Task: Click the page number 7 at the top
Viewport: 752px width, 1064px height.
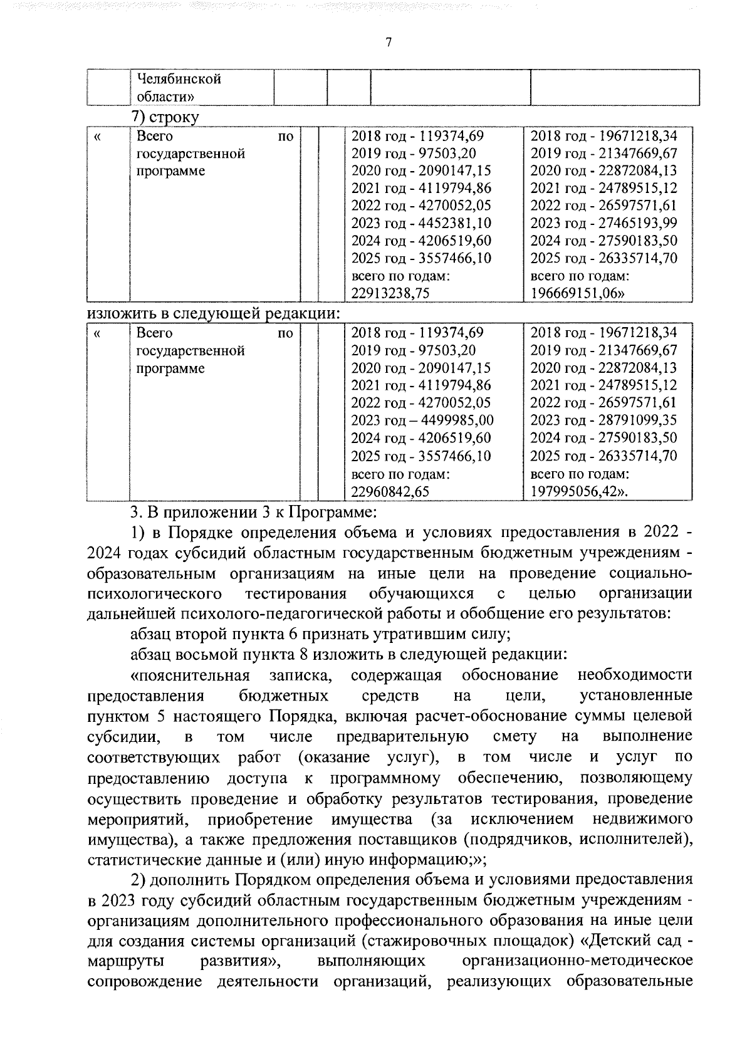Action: (389, 42)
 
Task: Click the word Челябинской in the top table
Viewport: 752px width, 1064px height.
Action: (179, 79)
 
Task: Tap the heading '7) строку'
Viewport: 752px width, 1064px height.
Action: (164, 117)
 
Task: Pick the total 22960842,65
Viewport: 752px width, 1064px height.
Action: (390, 491)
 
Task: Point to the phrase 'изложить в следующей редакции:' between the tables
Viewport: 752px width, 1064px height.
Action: (213, 313)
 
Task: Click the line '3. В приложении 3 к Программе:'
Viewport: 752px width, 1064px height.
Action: (253, 513)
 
